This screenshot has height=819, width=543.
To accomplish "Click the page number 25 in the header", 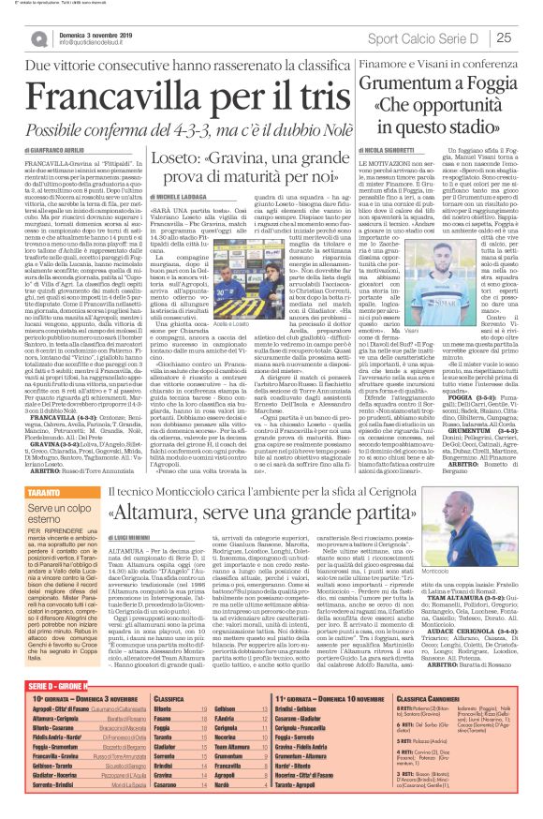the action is coord(529,37).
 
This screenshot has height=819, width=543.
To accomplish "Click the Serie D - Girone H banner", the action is coord(46,659).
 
